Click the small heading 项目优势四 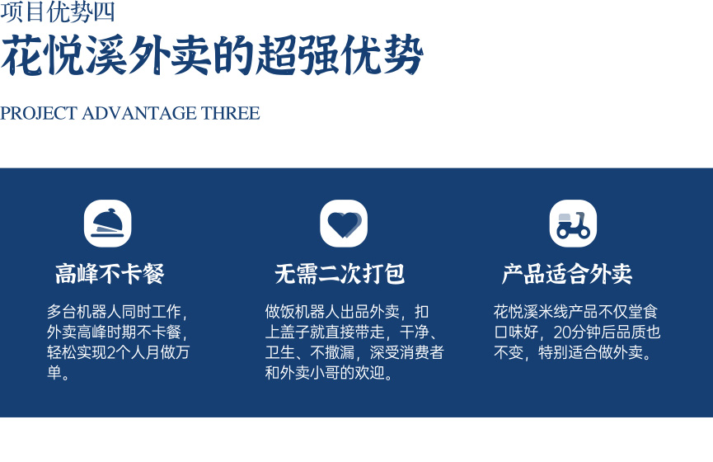coord(58,12)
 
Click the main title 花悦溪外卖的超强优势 coord(212,55)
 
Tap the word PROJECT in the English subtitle coord(39,113)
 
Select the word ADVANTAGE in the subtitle coord(139,113)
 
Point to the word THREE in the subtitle coord(231,113)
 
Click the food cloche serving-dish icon coord(108,224)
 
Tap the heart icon coord(344,224)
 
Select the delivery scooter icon coord(573,224)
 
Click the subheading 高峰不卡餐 coord(110,274)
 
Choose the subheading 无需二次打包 coord(340,274)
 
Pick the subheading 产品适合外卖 coord(567,274)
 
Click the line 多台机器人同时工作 coord(114,312)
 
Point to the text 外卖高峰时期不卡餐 coord(114,332)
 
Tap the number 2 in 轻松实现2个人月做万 coord(111,352)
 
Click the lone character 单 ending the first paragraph coord(54,373)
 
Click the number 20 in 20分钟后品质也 coord(562,332)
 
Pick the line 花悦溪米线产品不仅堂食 coord(576,312)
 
